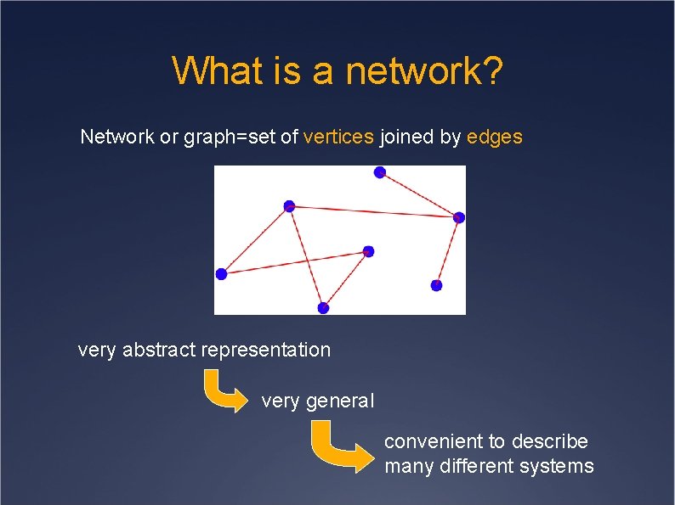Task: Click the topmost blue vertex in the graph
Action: [380, 172]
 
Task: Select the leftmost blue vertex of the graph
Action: [222, 274]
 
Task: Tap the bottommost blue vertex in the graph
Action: [323, 307]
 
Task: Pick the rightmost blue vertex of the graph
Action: [459, 217]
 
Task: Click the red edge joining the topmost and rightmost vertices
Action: [419, 194]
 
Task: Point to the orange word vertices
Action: [338, 136]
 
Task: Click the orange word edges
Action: [495, 136]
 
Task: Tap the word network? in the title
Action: [424, 71]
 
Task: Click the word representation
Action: [266, 349]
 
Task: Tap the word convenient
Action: [433, 441]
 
